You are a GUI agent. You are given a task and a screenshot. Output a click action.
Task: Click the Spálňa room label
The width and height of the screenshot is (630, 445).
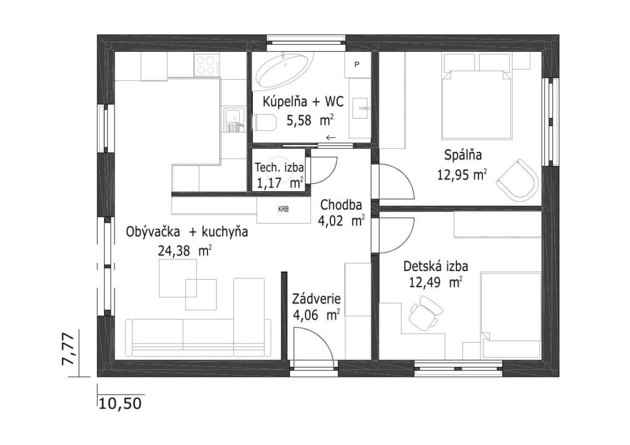tap(463, 155)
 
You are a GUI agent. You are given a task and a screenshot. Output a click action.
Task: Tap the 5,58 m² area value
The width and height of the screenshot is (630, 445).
tap(309, 120)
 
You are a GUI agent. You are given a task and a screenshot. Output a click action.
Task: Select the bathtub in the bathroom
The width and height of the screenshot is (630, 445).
tap(284, 70)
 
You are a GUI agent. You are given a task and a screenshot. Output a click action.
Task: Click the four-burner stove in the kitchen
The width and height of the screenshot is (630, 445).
tap(207, 65)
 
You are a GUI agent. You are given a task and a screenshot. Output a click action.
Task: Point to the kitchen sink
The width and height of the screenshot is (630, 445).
tap(234, 120)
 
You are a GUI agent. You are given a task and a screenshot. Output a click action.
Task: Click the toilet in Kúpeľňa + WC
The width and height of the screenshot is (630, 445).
tap(264, 122)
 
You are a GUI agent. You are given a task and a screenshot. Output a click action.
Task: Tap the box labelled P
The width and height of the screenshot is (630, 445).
tap(357, 65)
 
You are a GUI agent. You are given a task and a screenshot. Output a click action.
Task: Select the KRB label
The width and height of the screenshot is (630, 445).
tap(283, 209)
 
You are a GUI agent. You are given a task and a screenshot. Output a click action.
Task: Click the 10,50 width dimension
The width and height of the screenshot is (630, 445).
tap(120, 403)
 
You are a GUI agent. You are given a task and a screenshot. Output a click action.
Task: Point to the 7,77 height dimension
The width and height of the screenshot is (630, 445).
tap(68, 349)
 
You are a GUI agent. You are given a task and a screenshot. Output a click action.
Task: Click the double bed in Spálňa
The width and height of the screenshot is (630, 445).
tap(477, 104)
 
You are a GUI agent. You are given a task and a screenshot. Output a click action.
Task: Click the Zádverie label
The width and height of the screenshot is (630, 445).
tap(317, 299)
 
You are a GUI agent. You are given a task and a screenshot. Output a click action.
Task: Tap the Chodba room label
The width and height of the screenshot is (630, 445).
tap(341, 205)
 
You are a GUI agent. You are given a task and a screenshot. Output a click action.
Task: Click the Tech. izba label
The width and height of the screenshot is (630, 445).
tap(280, 167)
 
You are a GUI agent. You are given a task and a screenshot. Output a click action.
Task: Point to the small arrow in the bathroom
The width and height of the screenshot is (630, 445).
tap(330, 138)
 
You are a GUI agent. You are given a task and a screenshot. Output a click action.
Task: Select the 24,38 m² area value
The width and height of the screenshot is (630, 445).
tap(185, 251)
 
